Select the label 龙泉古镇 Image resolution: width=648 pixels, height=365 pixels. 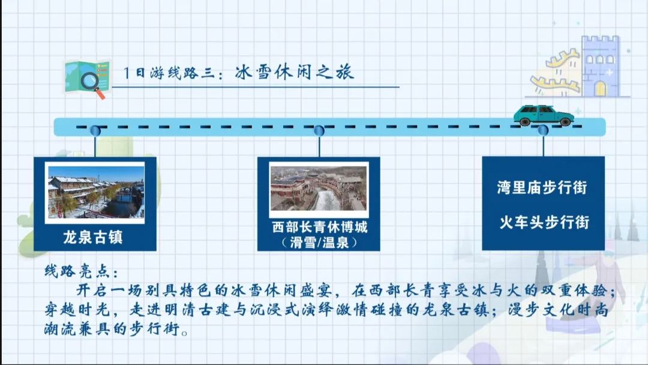coord(93,237)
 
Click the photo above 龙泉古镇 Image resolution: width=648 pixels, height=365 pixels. coord(96,192)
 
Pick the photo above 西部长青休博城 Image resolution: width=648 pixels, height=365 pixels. coord(318,189)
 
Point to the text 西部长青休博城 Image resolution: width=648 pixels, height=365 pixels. coord(319,227)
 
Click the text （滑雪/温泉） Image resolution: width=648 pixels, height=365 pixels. coord(319,242)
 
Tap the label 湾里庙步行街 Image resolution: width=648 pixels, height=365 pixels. coord(542,187)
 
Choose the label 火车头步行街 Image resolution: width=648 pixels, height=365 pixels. coord(544,222)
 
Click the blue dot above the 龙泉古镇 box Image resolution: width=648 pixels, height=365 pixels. coord(95,131)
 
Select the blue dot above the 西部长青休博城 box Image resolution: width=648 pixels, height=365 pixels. coord(319,131)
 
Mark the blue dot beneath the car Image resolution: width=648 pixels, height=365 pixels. coord(543,131)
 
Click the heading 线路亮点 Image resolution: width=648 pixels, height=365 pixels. coord(81,271)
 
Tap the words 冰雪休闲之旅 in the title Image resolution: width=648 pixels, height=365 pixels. coord(294,72)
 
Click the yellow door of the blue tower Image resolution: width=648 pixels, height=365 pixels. coord(600,88)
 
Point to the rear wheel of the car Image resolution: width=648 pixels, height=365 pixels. coord(525,121)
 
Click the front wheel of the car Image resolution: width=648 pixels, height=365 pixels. coord(565,121)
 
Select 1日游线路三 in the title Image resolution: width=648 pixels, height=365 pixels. coord(169,73)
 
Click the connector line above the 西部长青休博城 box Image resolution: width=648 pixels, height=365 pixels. coord(319,146)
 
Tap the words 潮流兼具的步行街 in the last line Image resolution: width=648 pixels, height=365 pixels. coord(112,330)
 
